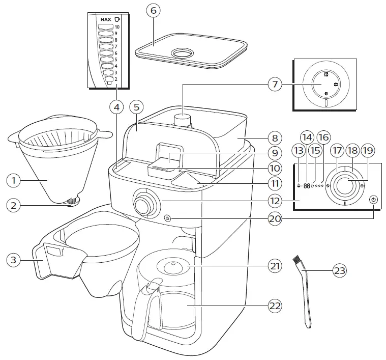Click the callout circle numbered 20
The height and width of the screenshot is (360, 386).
pyautogui.click(x=275, y=218)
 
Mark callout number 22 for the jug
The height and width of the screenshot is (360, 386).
pyautogui.click(x=275, y=306)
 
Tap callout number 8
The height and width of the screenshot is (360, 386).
pyautogui.click(x=275, y=137)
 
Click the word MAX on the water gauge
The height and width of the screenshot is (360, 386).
pyautogui.click(x=106, y=19)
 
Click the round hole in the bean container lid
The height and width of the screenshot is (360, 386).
pyautogui.click(x=181, y=53)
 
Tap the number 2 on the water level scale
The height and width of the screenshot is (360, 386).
pyautogui.click(x=116, y=79)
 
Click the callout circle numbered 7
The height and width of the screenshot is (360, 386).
pyautogui.click(x=275, y=84)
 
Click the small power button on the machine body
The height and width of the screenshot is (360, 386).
pyautogui.click(x=168, y=219)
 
